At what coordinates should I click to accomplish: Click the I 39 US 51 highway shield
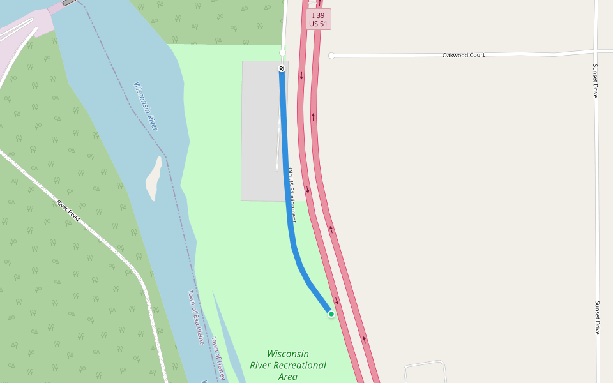point(318,19)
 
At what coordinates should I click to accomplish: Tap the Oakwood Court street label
point(463,56)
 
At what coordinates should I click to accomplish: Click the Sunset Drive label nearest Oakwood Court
point(595,80)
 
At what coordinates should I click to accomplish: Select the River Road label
point(68,211)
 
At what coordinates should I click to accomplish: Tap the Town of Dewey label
point(219,358)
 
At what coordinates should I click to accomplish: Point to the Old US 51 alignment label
point(291,195)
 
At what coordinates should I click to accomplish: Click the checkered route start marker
point(282,68)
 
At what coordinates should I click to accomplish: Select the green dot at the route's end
point(331,314)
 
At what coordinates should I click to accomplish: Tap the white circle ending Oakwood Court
point(331,56)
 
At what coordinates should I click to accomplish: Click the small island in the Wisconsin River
point(153,177)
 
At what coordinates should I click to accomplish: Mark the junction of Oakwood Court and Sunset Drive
point(595,51)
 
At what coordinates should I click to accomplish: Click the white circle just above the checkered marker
point(282,52)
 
